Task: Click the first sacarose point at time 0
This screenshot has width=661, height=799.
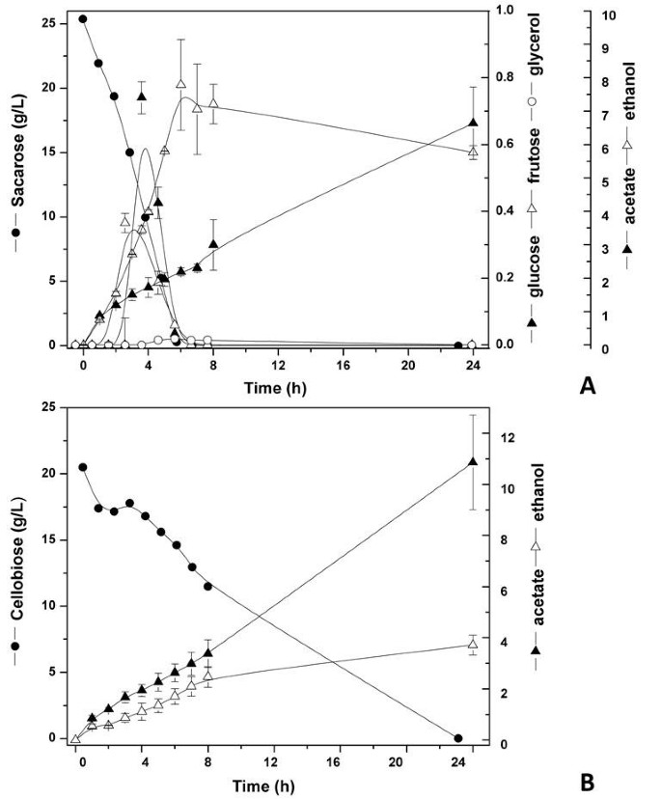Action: [83, 18]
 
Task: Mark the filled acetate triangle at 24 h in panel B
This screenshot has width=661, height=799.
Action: [472, 461]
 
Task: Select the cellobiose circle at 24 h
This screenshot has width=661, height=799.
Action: [457, 738]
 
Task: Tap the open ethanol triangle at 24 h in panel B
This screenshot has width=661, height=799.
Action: [472, 644]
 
